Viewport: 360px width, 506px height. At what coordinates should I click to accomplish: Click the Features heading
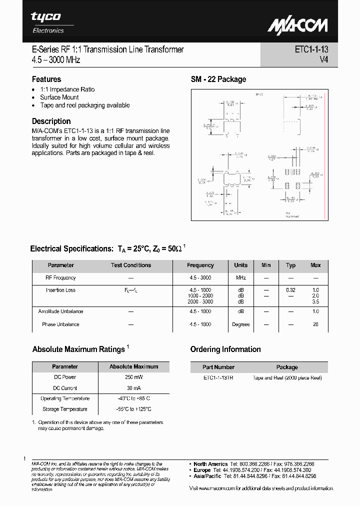(46, 79)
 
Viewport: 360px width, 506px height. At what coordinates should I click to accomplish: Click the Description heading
(51, 121)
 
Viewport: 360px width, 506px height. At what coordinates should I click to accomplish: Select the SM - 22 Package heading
(218, 79)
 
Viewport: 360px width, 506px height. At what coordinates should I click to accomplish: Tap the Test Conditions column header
(130, 265)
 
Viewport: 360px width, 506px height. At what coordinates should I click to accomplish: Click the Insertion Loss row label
(61, 290)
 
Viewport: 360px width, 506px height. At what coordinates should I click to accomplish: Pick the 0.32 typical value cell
(290, 290)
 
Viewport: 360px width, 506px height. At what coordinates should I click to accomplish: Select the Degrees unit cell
(240, 324)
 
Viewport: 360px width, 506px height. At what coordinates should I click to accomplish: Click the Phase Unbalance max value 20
(315, 324)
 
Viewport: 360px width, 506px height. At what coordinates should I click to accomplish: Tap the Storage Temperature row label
(65, 409)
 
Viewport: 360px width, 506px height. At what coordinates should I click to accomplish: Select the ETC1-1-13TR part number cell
(218, 377)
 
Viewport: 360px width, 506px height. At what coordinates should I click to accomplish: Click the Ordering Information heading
(225, 349)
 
